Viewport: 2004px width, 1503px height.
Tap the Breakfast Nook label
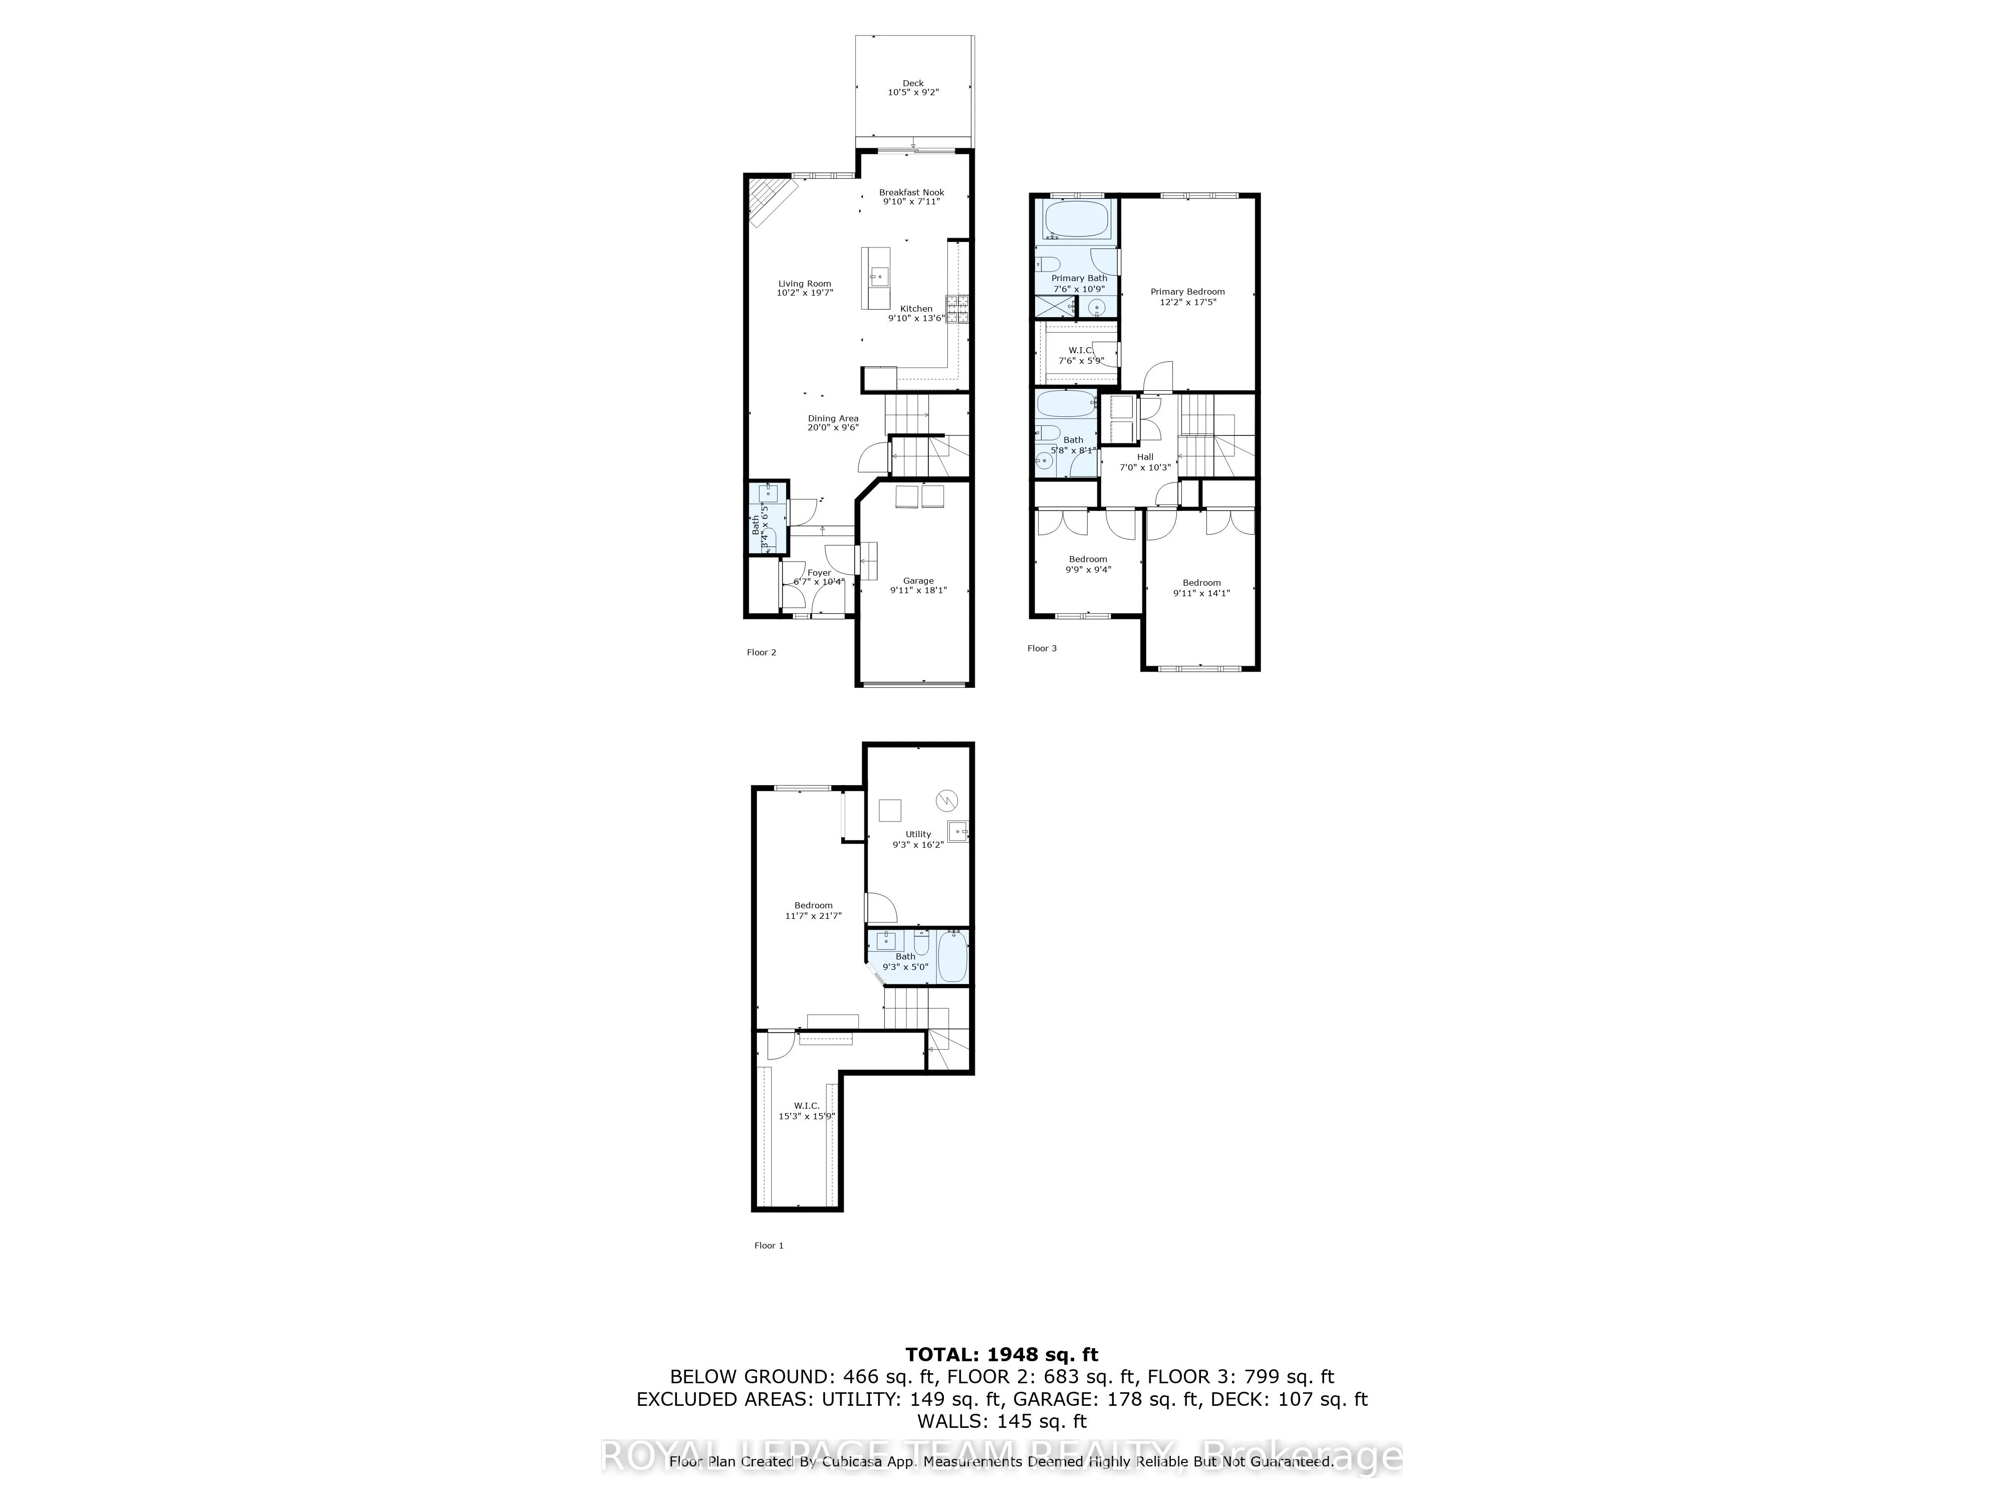[911, 192]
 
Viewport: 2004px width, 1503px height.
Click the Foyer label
[819, 573]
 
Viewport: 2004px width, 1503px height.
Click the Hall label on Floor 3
[1145, 456]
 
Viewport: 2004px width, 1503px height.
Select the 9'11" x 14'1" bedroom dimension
[1201, 593]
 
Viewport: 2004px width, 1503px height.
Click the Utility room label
[918, 834]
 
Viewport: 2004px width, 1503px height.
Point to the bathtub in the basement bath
[952, 957]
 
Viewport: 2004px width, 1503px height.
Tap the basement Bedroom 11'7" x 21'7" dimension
[814, 916]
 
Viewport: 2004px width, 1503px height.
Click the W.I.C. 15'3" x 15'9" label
[806, 1105]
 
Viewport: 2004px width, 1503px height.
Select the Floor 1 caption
[768, 1245]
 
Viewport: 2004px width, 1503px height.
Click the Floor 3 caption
[1042, 649]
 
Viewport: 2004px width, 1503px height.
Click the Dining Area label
[833, 418]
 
